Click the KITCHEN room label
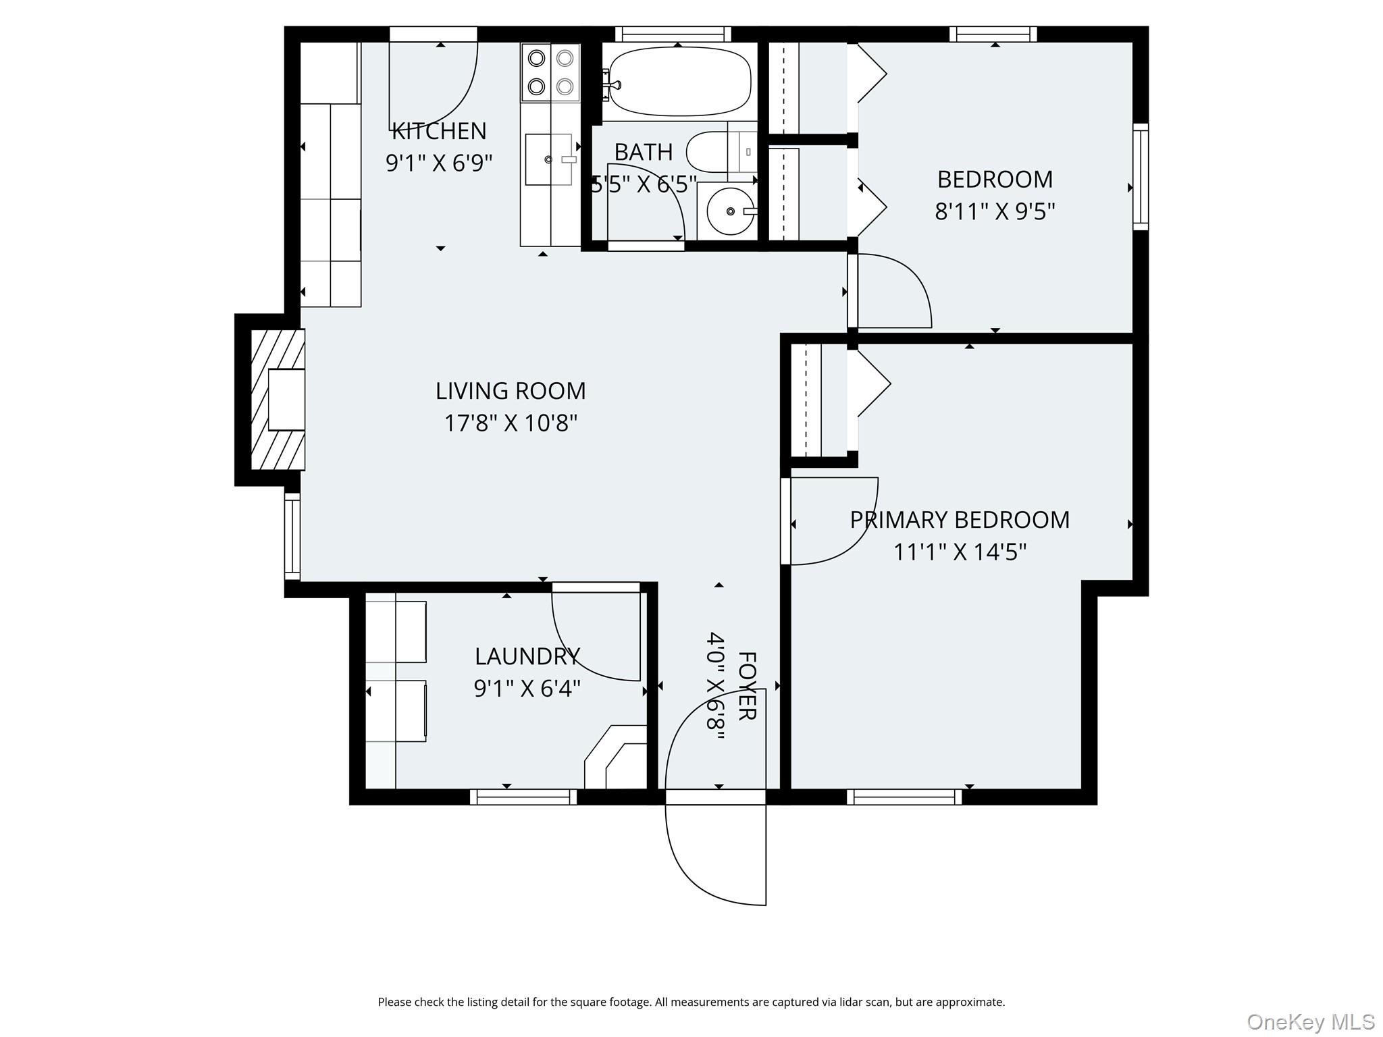pos(439,130)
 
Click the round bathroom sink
pos(730,211)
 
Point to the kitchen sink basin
pos(548,159)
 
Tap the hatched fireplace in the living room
pos(278,399)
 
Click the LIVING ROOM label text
pos(511,391)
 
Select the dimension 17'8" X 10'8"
pos(511,423)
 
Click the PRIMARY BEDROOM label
pos(960,520)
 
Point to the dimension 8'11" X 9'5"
pos(995,212)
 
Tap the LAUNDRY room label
pos(527,656)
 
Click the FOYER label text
pos(746,685)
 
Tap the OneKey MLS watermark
pos(1310,1021)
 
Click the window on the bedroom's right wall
pos(1140,177)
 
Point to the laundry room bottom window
pos(523,797)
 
